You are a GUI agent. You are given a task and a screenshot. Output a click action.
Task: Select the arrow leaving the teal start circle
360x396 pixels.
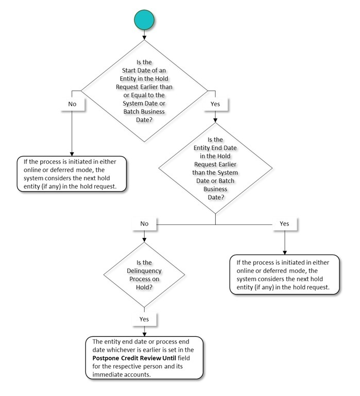(144, 34)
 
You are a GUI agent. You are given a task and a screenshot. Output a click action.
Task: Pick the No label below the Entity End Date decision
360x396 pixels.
(144, 224)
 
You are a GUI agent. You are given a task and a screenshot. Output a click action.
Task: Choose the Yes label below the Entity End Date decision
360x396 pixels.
(284, 224)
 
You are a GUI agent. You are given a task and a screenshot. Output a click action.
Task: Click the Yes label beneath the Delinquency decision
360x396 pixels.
(144, 319)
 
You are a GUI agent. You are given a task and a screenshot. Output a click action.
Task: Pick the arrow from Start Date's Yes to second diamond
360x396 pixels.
(215, 116)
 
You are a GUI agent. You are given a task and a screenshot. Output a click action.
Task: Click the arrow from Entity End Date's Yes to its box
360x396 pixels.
(284, 242)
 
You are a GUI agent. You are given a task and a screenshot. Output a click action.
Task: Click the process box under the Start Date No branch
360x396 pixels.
(72, 174)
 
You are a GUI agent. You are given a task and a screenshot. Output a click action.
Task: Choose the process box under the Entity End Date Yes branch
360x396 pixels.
(284, 274)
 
